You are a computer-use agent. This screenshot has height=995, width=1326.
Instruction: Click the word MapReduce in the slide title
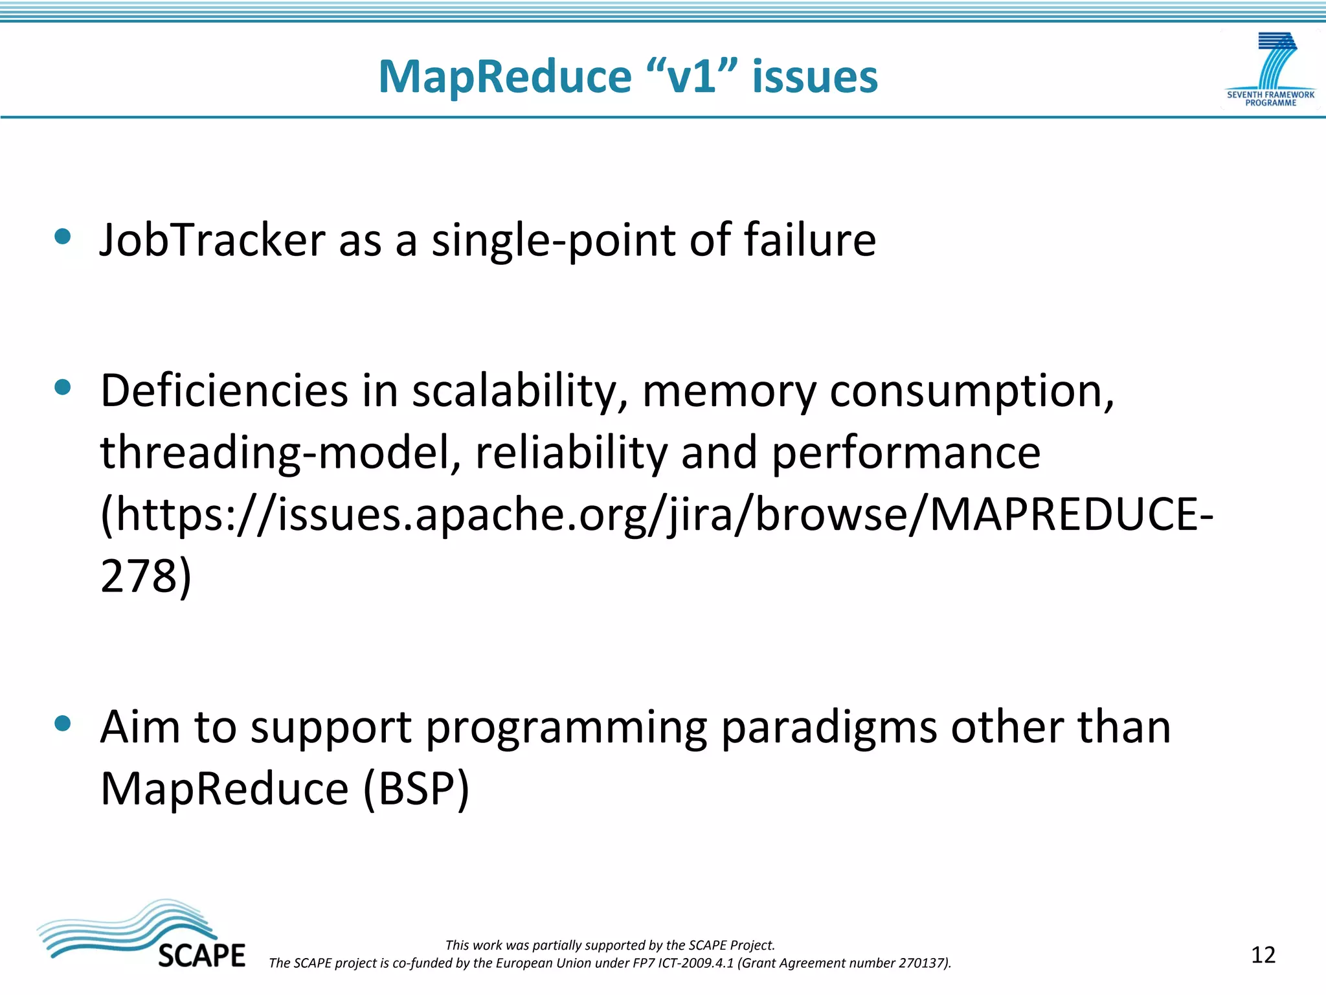(x=504, y=77)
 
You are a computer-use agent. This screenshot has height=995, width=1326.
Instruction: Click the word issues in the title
(x=815, y=77)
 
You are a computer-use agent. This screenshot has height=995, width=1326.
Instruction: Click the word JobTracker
(x=212, y=240)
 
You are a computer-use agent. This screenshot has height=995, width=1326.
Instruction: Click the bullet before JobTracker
(x=63, y=237)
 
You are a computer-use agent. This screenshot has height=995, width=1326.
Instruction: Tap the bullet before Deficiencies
(x=63, y=388)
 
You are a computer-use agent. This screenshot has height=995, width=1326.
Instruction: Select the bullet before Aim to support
(x=63, y=724)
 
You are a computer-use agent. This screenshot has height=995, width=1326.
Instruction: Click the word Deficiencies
(x=224, y=391)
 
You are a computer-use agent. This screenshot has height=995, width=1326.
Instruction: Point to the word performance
(x=906, y=453)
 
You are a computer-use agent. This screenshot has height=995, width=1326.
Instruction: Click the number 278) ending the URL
(x=146, y=576)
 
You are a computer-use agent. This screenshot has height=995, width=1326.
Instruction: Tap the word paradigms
(x=829, y=727)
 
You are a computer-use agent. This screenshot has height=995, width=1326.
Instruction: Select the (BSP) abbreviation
(x=416, y=789)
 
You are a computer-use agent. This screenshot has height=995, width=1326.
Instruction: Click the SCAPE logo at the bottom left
(x=141, y=935)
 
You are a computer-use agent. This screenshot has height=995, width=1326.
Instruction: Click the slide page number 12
(x=1263, y=955)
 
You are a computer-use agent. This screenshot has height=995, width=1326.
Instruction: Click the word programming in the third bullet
(x=566, y=727)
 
